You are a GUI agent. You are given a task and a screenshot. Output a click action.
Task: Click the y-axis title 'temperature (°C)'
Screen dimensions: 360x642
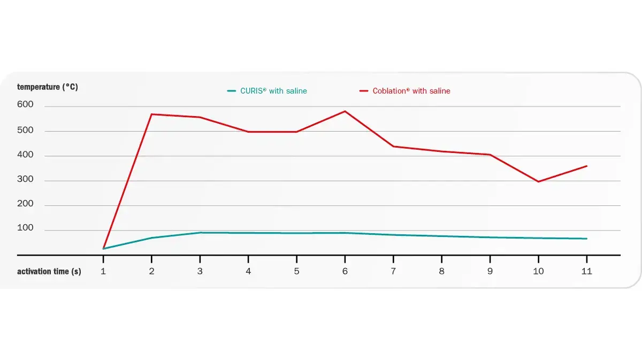(x=47, y=87)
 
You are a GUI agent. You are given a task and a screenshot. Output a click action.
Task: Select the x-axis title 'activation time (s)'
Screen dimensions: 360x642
(x=49, y=271)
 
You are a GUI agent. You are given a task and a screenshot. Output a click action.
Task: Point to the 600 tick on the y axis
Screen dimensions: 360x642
(x=25, y=105)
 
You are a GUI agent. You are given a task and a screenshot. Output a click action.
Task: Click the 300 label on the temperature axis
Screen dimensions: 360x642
(x=25, y=179)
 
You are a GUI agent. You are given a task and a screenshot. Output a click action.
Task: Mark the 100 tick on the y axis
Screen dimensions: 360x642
(x=25, y=228)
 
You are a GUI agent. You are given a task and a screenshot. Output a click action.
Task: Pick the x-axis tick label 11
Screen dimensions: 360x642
(x=586, y=271)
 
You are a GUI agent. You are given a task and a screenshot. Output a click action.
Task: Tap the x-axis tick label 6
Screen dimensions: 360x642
(x=345, y=271)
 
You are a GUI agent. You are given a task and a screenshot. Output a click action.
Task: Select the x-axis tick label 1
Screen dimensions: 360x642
(x=103, y=271)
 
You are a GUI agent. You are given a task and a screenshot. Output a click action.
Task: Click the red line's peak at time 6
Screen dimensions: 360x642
(x=345, y=111)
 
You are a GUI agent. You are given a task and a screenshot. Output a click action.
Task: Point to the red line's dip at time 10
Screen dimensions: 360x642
(x=538, y=181)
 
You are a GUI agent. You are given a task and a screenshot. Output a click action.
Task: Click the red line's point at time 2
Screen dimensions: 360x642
(x=151, y=114)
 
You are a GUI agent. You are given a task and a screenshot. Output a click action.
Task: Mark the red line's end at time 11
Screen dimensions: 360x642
(x=586, y=166)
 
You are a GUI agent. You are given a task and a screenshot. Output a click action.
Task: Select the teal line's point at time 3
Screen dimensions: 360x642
(x=200, y=233)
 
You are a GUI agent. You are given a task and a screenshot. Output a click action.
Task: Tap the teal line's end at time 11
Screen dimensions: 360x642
(x=586, y=239)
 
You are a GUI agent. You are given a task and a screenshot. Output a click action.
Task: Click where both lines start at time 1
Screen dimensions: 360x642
(x=103, y=249)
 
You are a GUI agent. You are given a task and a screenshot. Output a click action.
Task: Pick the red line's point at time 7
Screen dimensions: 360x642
(x=393, y=146)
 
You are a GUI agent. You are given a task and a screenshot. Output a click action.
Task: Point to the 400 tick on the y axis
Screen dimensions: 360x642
(x=25, y=155)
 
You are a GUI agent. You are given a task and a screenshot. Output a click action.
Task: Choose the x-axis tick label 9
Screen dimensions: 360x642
(x=490, y=271)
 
